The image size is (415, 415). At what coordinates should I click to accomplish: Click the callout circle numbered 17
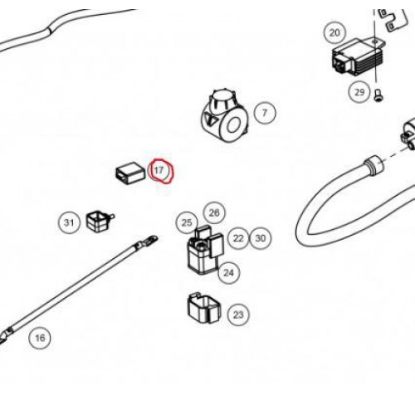click(x=159, y=170)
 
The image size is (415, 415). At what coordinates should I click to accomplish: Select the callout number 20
click(x=334, y=32)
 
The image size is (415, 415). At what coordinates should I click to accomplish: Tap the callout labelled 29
click(x=359, y=92)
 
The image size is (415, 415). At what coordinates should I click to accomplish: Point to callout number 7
click(x=265, y=113)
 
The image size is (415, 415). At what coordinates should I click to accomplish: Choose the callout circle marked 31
click(x=69, y=222)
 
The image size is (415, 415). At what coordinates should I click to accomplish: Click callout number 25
click(x=187, y=222)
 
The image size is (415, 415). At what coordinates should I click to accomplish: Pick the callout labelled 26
click(x=214, y=212)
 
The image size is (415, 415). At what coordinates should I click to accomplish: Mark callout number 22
click(x=238, y=238)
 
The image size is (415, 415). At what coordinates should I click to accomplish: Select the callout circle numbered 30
click(x=261, y=238)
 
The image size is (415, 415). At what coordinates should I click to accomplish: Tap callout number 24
click(x=228, y=273)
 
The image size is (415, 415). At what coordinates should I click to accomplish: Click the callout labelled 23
click(x=238, y=315)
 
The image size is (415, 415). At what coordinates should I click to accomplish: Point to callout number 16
click(x=40, y=338)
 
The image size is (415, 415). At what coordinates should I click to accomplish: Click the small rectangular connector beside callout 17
click(x=130, y=174)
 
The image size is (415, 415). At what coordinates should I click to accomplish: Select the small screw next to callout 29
click(x=378, y=95)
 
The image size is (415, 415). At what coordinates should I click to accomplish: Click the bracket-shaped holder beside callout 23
click(x=204, y=309)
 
